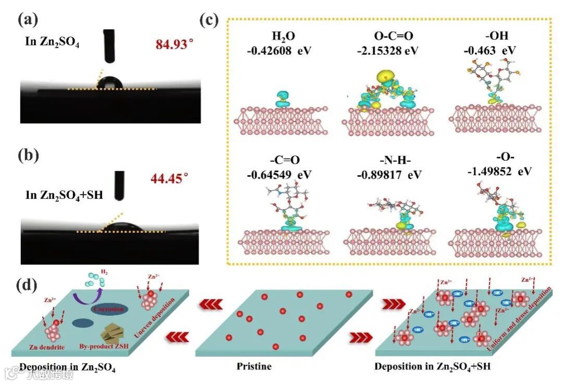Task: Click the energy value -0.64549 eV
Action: pos(280,173)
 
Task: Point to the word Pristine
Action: pos(254,366)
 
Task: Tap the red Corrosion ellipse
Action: pos(108,309)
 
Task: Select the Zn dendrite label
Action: pos(56,346)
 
